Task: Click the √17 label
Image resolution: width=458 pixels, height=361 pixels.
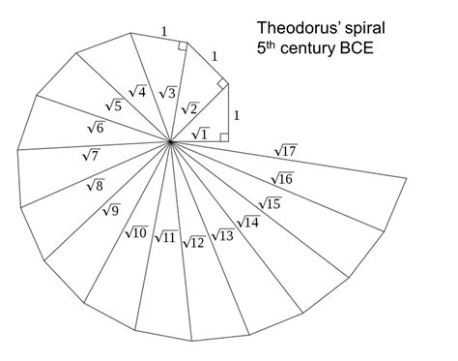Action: point(285,150)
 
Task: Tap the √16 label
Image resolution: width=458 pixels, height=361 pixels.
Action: point(281,178)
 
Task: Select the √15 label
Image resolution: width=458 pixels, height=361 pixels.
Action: point(270,202)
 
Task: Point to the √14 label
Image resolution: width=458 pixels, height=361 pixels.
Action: point(247,222)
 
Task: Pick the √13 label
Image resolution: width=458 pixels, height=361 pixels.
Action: point(222,235)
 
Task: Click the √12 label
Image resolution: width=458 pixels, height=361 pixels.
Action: point(193,241)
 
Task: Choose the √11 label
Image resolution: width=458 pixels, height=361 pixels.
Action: point(164,237)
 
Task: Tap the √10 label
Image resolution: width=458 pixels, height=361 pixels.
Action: point(135,232)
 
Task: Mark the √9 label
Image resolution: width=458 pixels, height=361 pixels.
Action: point(111,211)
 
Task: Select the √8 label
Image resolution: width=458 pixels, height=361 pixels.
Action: point(95,185)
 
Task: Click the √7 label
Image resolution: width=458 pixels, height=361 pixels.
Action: point(91,155)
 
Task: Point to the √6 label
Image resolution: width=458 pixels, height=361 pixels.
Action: point(96,127)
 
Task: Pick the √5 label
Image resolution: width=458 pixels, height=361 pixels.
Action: point(113,105)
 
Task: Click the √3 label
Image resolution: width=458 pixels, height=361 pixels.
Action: point(166,93)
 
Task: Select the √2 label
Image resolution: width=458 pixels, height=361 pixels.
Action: point(188,108)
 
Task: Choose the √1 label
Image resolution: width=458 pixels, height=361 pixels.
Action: point(200,134)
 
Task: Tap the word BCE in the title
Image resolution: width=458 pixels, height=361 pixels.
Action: point(354,47)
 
